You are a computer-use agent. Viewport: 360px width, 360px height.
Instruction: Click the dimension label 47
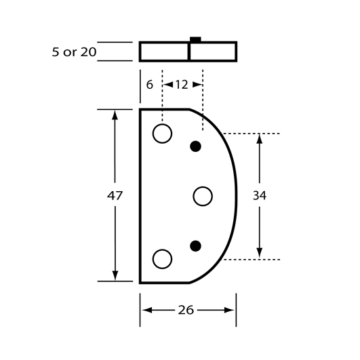click(x=115, y=196)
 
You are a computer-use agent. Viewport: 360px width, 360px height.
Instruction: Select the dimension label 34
click(x=260, y=196)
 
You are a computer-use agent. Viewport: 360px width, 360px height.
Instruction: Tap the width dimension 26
click(x=186, y=311)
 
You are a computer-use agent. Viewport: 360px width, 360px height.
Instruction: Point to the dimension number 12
click(x=182, y=85)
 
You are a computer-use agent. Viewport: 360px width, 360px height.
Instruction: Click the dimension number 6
click(x=149, y=85)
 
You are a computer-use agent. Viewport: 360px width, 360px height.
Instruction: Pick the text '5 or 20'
click(x=74, y=52)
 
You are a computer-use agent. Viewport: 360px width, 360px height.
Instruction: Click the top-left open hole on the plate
click(x=162, y=134)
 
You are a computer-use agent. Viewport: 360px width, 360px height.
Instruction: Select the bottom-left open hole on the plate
click(x=162, y=259)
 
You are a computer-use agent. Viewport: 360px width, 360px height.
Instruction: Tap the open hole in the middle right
click(x=203, y=197)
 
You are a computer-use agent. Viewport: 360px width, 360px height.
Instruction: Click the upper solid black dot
click(x=196, y=146)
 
